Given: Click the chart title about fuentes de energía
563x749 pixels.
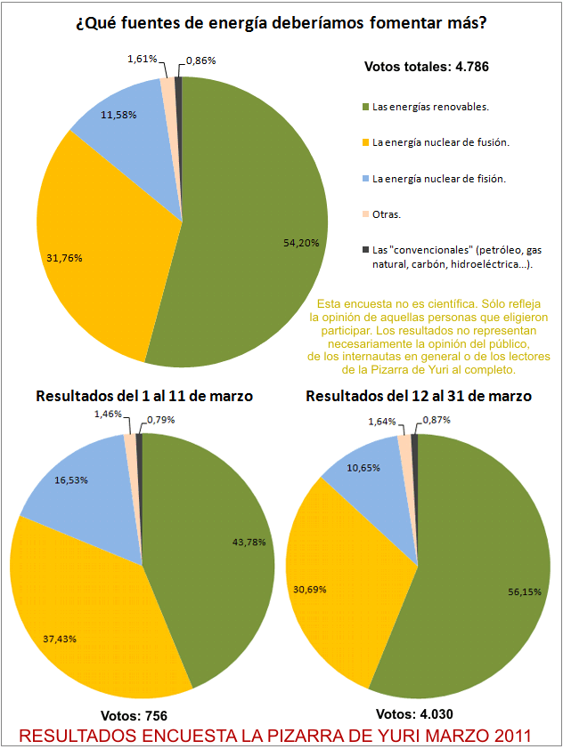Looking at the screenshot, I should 281,24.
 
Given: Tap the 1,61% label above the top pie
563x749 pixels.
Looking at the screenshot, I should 142,59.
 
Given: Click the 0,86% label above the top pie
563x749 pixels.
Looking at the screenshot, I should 200,60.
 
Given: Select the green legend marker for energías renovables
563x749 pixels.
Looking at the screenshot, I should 366,108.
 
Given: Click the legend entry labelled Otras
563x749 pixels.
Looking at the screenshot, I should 387,214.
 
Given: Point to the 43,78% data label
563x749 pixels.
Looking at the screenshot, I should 247,542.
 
